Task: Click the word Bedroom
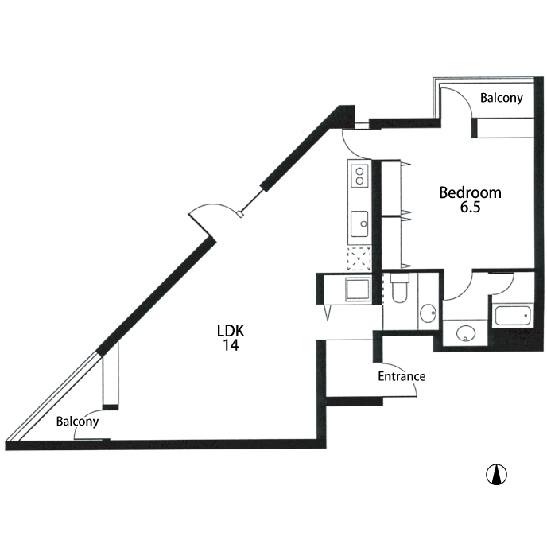470,192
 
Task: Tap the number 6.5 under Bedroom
470,207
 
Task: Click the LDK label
231,331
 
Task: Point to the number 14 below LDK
231,345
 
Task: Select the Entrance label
402,376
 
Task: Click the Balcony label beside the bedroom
502,98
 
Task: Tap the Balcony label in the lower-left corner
77,422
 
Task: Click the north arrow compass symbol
496,474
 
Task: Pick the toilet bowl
399,293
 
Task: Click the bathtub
513,316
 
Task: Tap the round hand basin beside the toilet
428,313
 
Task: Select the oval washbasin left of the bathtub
466,334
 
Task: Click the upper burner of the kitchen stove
359,172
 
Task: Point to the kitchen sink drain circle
363,224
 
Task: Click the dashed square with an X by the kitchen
359,258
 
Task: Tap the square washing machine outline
358,289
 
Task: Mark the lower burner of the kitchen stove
359,181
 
